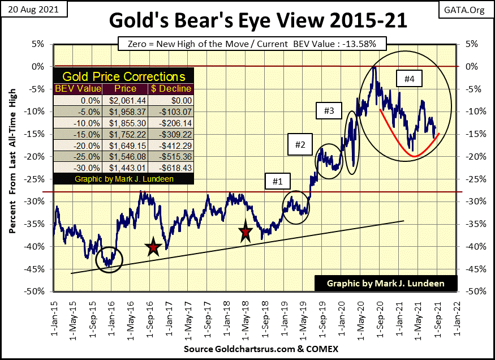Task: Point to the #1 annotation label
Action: click(x=275, y=182)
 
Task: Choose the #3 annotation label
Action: click(x=329, y=112)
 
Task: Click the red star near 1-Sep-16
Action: click(x=153, y=247)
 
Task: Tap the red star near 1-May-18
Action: click(x=245, y=232)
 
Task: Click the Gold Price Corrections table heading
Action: click(x=123, y=76)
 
